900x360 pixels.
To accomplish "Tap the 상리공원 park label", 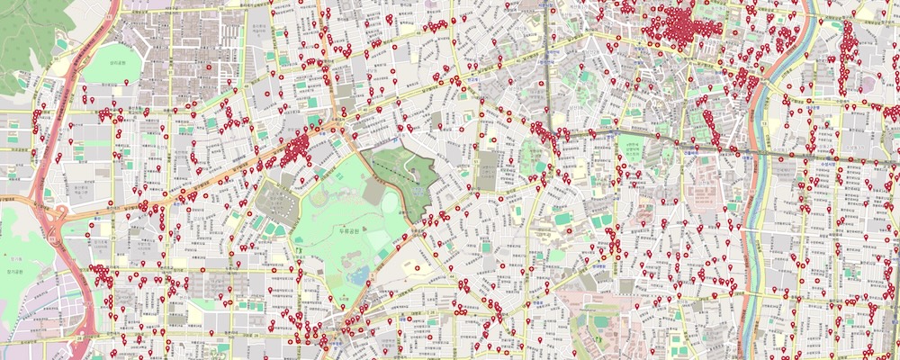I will (118, 60).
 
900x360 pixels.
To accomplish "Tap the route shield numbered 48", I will (395, 141).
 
